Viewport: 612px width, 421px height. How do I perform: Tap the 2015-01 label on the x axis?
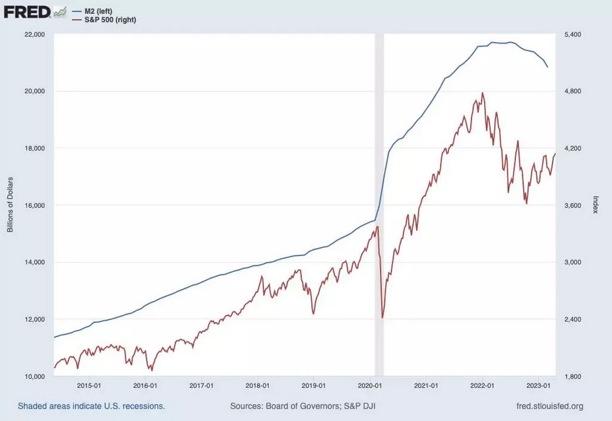tap(88, 385)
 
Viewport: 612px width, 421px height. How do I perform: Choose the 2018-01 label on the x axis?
tap(257, 385)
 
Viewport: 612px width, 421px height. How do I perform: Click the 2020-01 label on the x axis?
tap(370, 385)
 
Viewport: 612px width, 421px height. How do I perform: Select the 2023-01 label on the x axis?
tap(539, 385)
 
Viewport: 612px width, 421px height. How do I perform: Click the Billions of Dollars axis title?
tap(11, 205)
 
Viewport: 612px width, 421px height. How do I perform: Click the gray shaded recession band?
tap(379, 198)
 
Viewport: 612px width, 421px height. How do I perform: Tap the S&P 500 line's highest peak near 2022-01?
tap(483, 93)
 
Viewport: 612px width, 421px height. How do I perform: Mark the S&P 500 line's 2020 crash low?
tap(382, 318)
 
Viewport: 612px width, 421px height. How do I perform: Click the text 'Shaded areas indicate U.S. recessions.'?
tap(91, 406)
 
